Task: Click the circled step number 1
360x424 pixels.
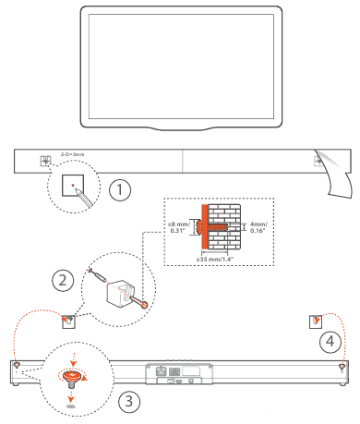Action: [120, 189]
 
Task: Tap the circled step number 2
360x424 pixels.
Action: [63, 280]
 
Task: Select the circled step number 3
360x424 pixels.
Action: [129, 401]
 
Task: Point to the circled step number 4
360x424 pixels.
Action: [330, 341]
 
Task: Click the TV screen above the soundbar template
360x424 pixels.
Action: [181, 67]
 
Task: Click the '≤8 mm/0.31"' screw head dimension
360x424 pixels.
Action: [179, 227]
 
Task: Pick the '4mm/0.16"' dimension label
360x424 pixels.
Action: [258, 227]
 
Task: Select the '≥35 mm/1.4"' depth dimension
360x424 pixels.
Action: [215, 259]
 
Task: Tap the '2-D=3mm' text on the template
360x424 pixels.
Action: [72, 154]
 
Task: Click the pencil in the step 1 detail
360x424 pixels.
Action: [84, 198]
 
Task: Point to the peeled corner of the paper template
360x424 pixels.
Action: [335, 174]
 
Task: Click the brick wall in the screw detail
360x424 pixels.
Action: [224, 226]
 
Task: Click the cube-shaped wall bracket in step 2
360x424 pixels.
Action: [121, 294]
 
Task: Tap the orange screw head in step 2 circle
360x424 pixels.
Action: [144, 305]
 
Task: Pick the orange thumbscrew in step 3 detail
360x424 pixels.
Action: [72, 379]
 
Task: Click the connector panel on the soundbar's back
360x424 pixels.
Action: [179, 373]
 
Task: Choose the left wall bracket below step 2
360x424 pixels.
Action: [68, 321]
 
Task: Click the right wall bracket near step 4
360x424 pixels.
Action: [316, 321]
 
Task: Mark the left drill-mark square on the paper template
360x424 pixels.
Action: [46, 161]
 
